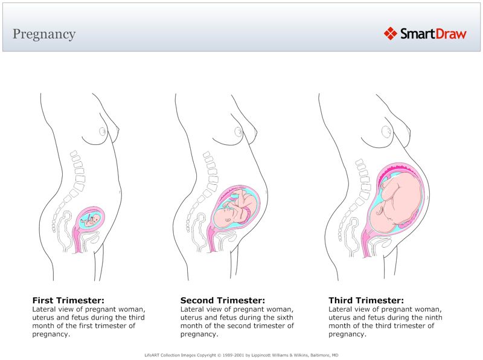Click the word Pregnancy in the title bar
point(44,34)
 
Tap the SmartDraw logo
point(425,33)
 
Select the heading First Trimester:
point(69,300)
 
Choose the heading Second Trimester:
point(222,300)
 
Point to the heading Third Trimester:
point(366,300)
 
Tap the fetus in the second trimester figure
point(237,208)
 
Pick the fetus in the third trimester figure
point(395,202)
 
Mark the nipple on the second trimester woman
point(240,132)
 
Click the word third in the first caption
point(136,317)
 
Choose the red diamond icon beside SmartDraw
point(391,33)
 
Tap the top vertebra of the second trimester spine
point(207,155)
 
